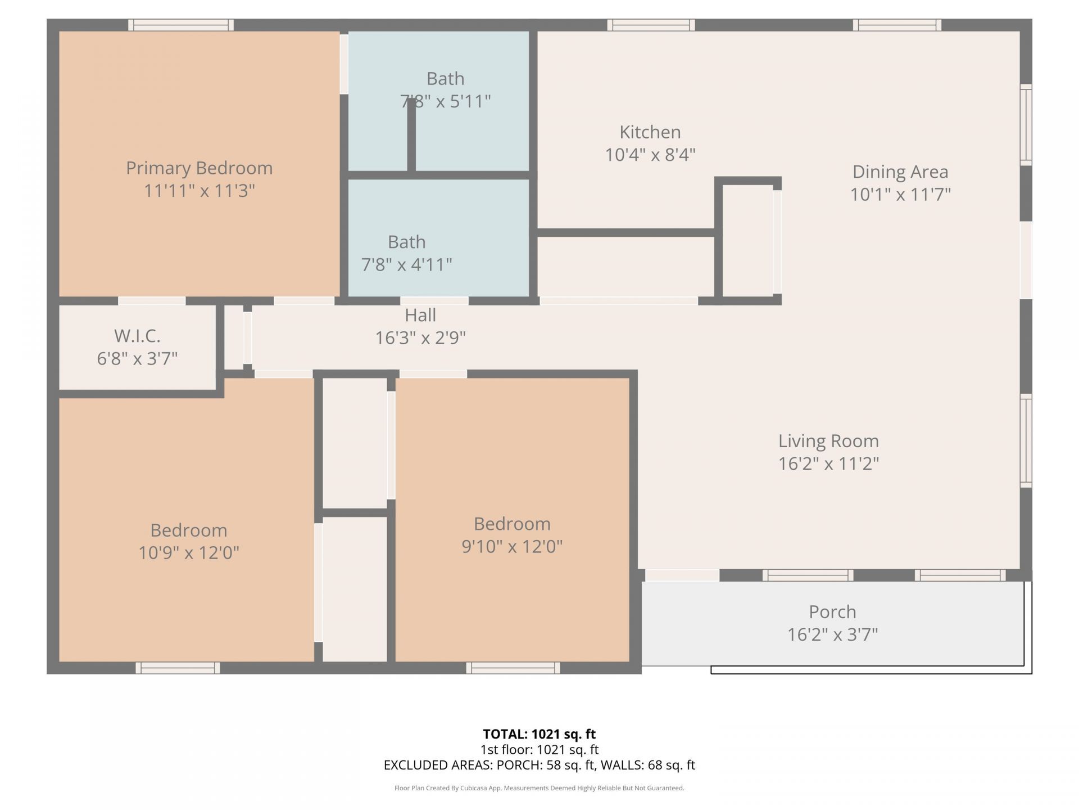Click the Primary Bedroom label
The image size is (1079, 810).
click(x=199, y=168)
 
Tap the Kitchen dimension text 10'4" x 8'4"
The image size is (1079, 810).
click(x=650, y=155)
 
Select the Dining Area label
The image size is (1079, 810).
click(x=900, y=172)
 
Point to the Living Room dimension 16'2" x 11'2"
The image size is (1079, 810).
click(x=828, y=464)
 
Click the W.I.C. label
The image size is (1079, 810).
click(x=137, y=336)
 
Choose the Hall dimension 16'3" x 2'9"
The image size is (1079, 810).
click(x=420, y=338)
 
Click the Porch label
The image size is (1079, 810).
click(x=832, y=612)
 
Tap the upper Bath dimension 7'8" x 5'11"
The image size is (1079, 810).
click(x=445, y=102)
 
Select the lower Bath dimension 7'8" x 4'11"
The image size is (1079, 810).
click(x=406, y=264)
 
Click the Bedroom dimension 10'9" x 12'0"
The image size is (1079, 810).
click(x=188, y=553)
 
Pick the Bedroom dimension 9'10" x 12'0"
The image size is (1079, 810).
click(x=511, y=547)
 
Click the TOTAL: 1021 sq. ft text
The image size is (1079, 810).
click(x=539, y=734)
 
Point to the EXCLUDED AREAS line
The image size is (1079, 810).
click(x=539, y=765)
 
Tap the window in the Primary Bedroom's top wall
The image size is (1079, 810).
click(x=181, y=25)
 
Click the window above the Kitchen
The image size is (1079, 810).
click(x=651, y=25)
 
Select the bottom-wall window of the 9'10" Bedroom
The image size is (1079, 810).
click(x=513, y=668)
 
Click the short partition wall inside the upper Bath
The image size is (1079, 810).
click(x=411, y=135)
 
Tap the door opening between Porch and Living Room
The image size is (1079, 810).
click(x=682, y=575)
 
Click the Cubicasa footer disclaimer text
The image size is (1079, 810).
click(x=539, y=788)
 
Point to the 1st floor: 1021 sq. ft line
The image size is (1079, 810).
click(x=539, y=750)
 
